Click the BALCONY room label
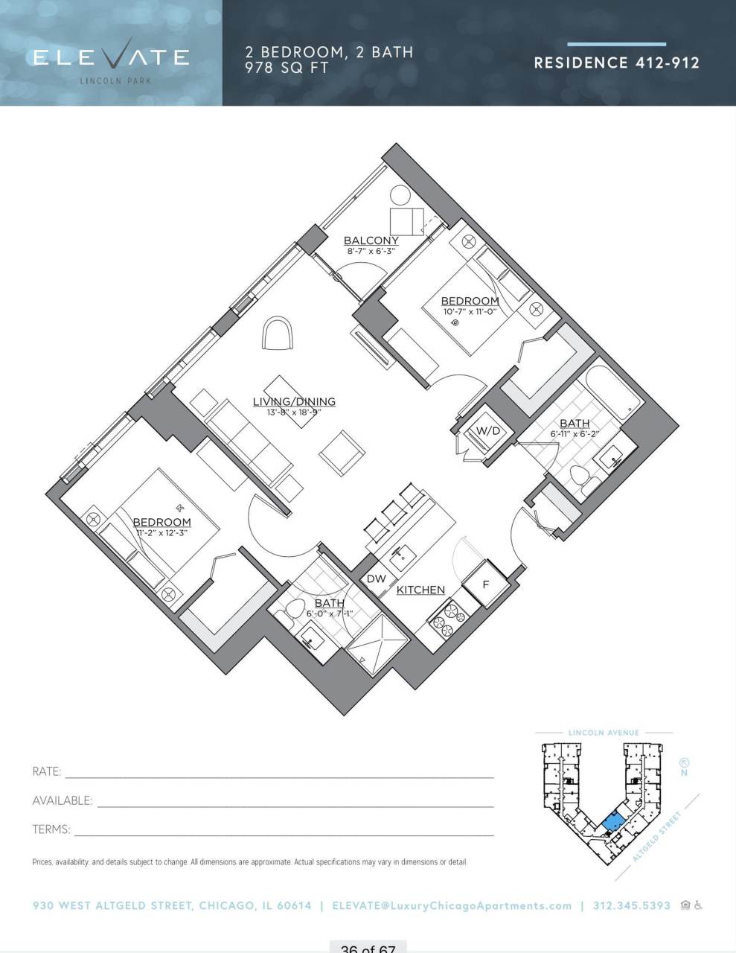[x=371, y=240]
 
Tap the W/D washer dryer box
[x=487, y=431]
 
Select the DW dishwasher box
[x=376, y=579]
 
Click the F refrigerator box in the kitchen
[x=485, y=584]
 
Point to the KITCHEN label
[x=420, y=590]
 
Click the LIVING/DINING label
[x=294, y=401]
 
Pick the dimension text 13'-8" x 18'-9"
[x=294, y=412]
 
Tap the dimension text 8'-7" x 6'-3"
[x=371, y=251]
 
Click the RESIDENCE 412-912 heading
[x=616, y=63]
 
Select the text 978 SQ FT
[x=287, y=67]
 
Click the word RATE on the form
[x=47, y=772]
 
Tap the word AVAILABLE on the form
[x=63, y=801]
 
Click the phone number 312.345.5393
[x=630, y=906]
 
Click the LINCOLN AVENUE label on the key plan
[x=604, y=733]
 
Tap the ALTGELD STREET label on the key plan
[x=657, y=838]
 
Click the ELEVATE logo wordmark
[x=111, y=57]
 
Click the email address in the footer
[x=452, y=906]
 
